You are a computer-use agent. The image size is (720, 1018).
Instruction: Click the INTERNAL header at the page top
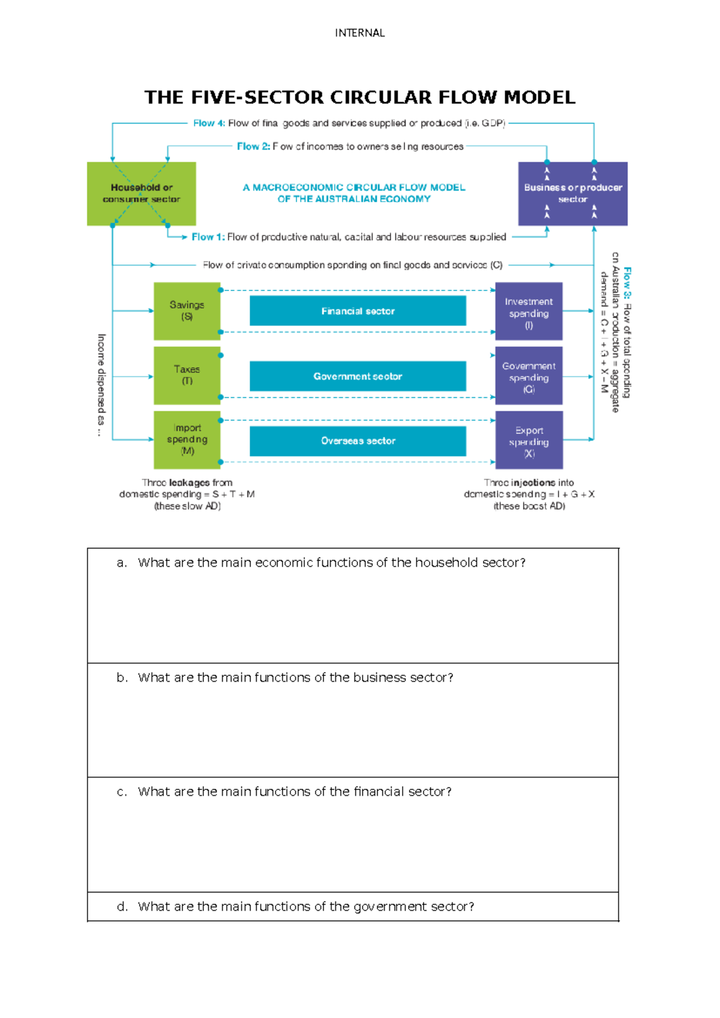click(359, 33)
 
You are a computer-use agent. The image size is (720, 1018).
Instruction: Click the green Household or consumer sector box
click(142, 193)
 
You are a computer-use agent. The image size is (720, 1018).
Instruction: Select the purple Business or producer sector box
click(572, 193)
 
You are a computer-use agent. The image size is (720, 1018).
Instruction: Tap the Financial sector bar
click(358, 311)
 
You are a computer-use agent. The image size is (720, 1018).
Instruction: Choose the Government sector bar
click(358, 376)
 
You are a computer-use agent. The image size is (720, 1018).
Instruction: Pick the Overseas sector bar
click(358, 441)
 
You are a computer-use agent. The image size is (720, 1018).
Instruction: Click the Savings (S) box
click(187, 311)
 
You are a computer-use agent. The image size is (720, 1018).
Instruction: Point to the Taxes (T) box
click(187, 375)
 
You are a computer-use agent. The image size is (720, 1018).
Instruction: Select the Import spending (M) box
click(187, 439)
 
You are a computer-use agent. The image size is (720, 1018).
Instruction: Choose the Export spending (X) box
click(529, 441)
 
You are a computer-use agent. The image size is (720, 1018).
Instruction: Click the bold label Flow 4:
click(209, 123)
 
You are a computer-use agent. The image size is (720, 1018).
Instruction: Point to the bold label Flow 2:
click(253, 146)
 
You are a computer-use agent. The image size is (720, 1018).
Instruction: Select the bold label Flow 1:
click(208, 237)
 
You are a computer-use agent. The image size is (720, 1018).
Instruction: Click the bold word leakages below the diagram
click(189, 483)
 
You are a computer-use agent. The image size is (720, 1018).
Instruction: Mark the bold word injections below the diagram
click(533, 483)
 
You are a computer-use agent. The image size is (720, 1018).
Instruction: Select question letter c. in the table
click(122, 792)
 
